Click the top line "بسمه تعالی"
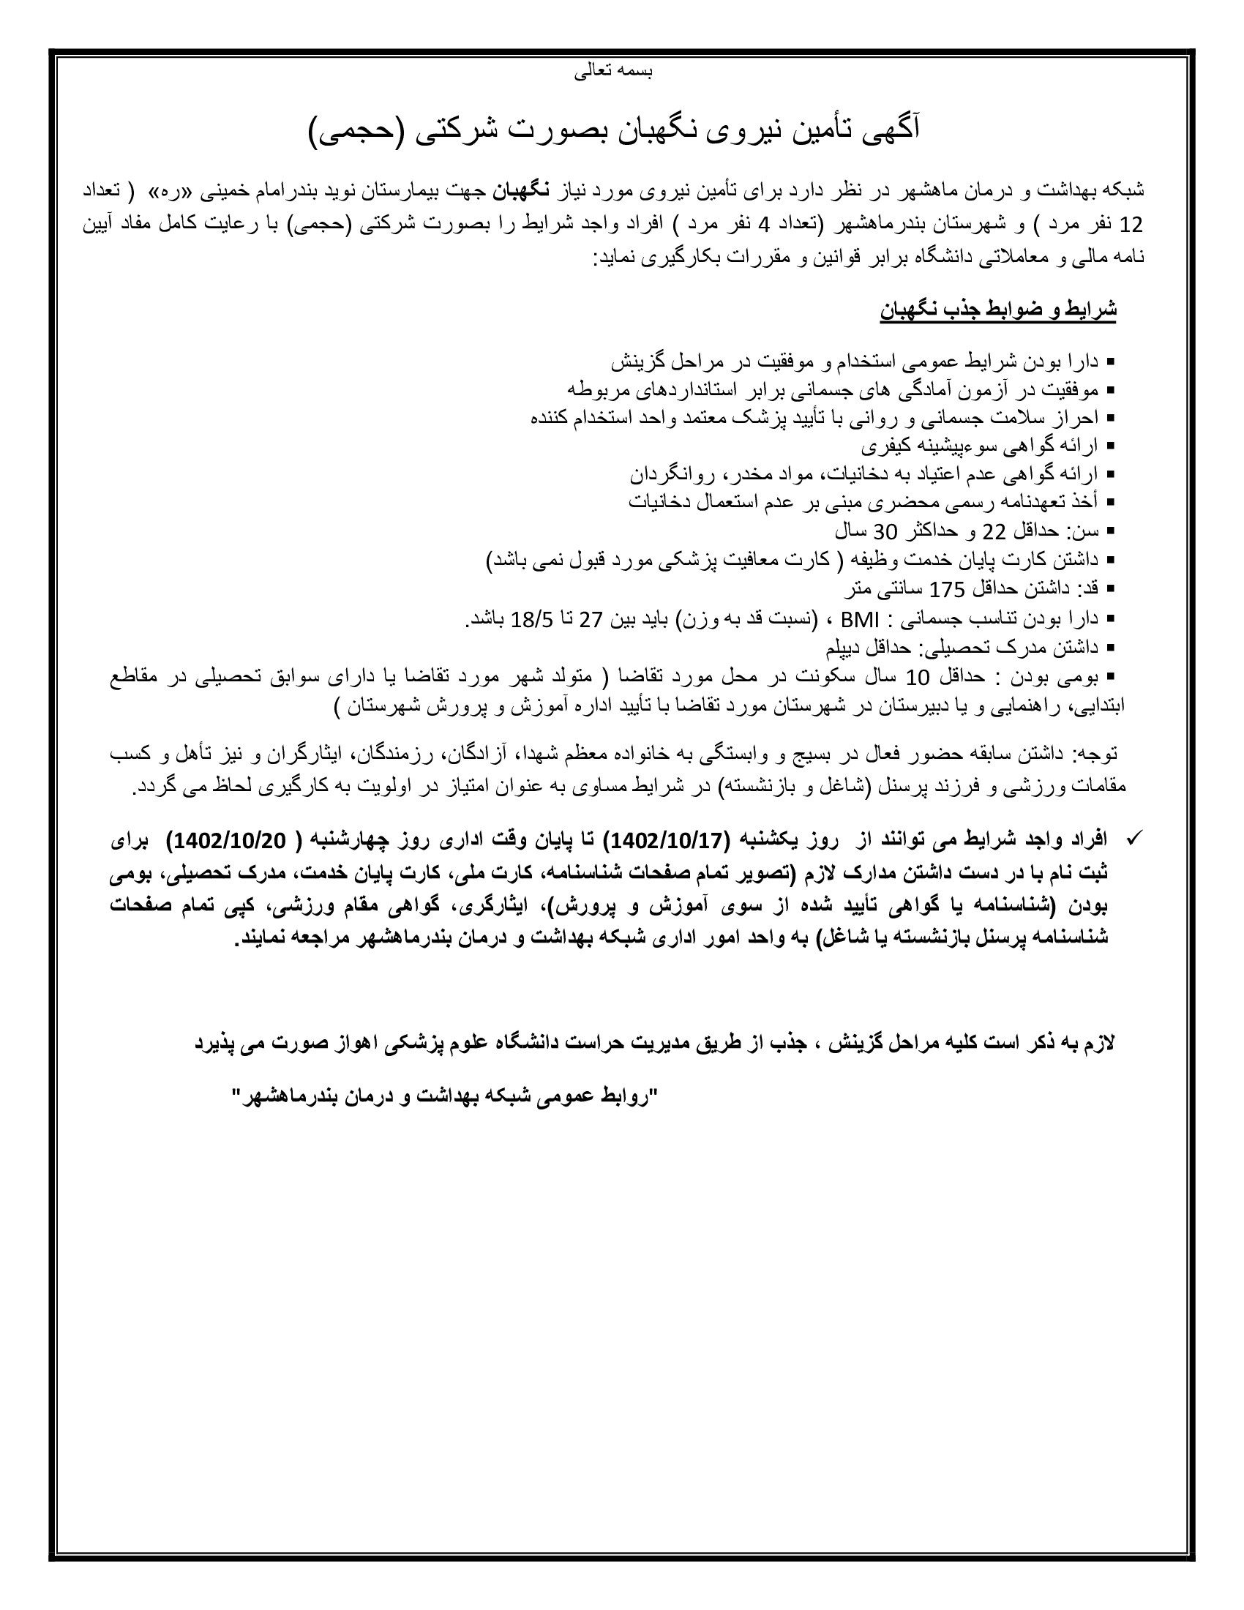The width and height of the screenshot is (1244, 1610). click(613, 72)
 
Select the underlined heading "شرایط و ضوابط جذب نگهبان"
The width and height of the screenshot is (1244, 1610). click(998, 310)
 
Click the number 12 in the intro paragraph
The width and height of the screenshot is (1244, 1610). click(1131, 223)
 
